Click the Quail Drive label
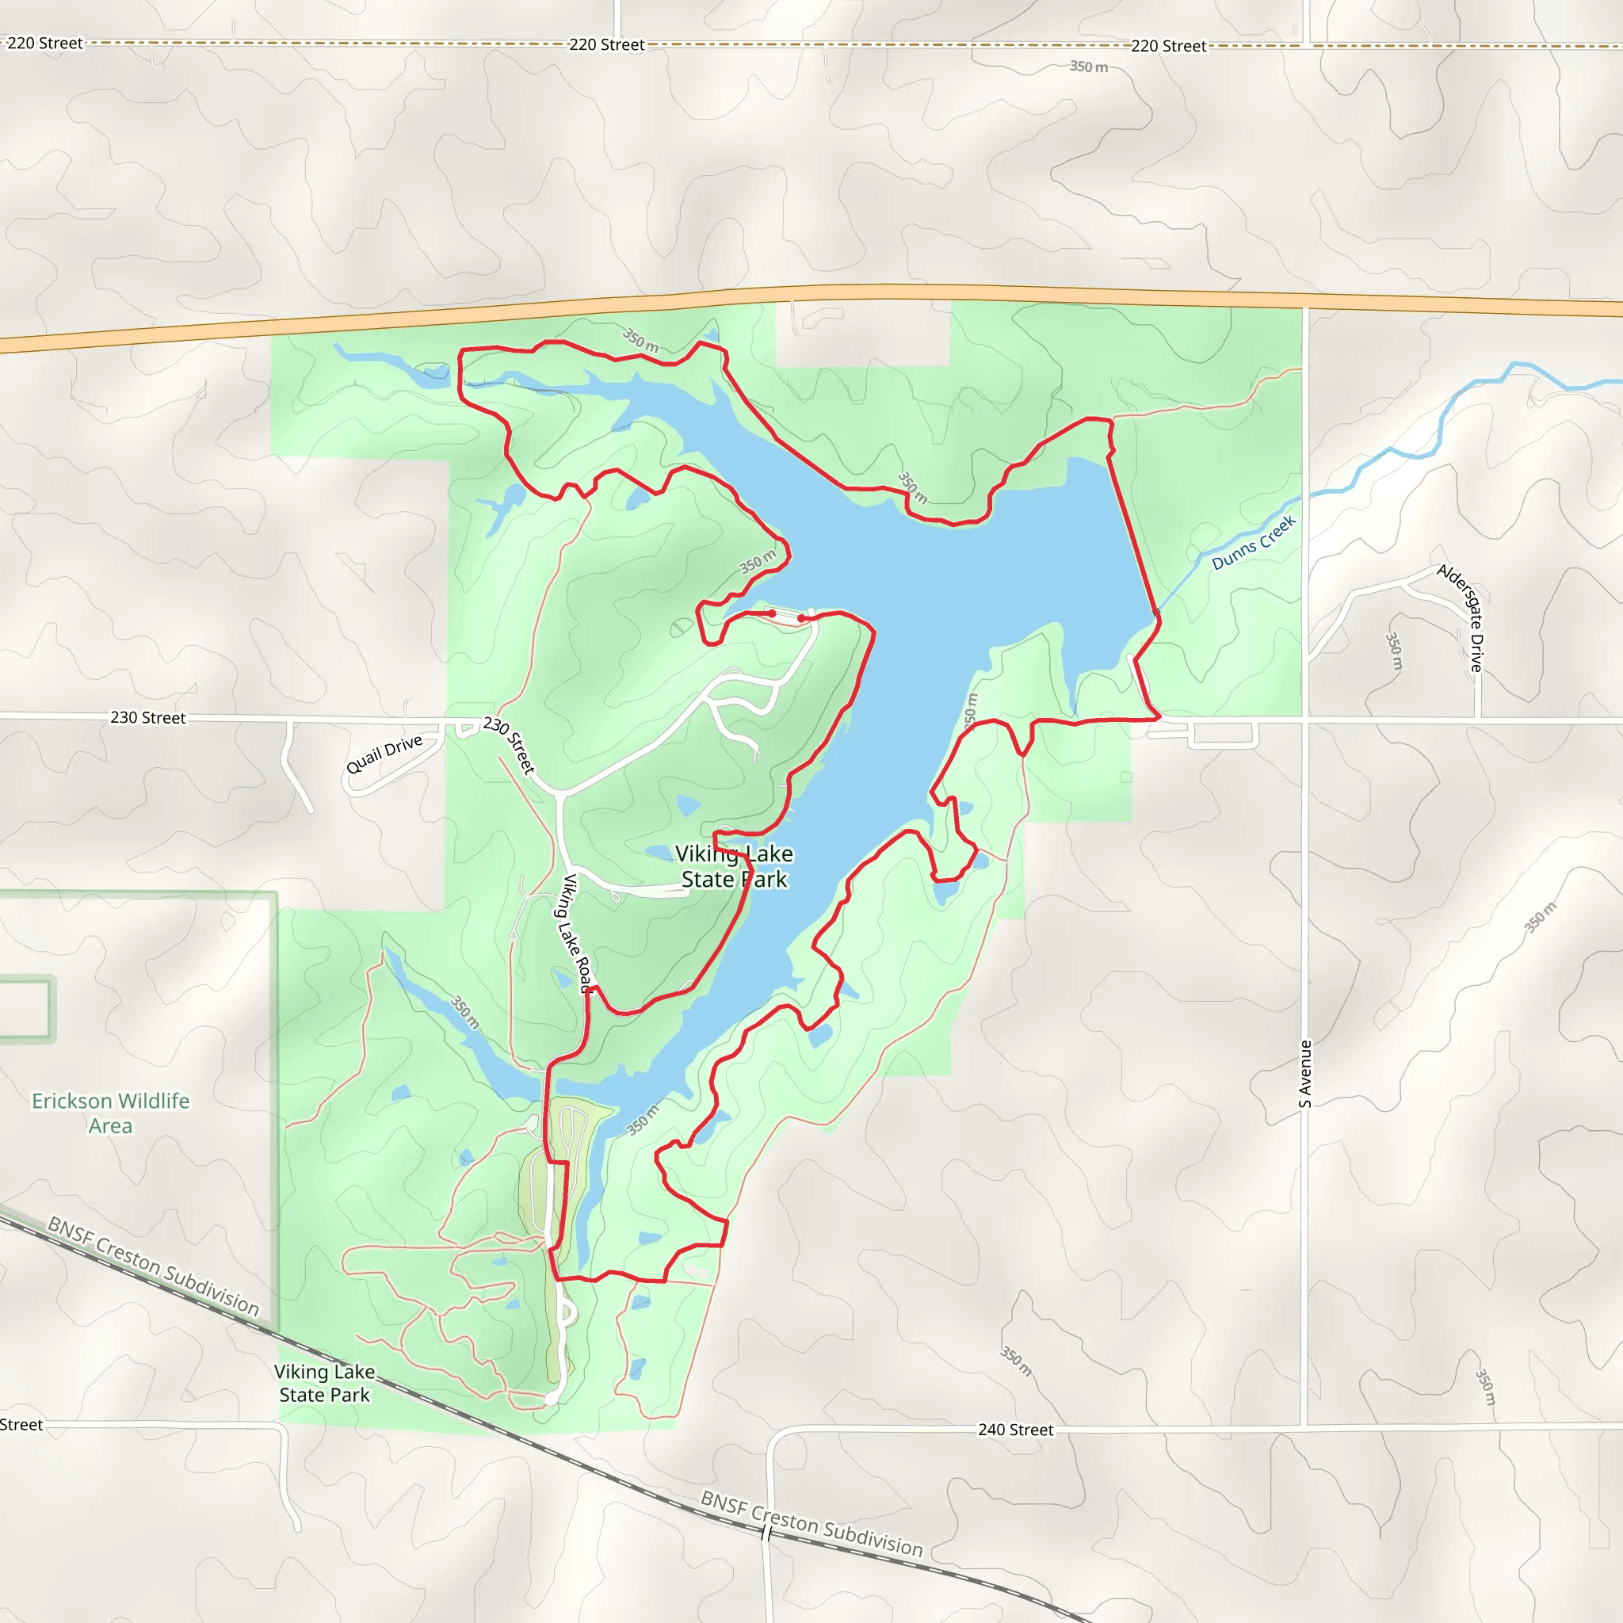click(384, 754)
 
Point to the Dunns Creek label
click(1254, 543)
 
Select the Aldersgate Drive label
click(1461, 617)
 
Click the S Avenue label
click(1305, 1074)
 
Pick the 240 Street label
click(1015, 1430)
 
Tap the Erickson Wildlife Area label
click(110, 1113)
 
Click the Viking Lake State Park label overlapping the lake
click(734, 866)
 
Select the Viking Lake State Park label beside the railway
click(324, 1383)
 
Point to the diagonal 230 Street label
click(509, 744)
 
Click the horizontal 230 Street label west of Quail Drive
click(148, 717)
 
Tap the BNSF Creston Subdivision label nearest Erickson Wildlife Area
click(153, 1266)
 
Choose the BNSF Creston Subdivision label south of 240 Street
click(811, 1524)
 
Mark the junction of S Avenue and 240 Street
click(1304, 1426)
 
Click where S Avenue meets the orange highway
click(1305, 302)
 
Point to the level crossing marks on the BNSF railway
click(766, 1534)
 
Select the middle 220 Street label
click(606, 44)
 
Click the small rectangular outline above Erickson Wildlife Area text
click(25, 1009)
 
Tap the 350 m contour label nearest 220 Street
click(1089, 67)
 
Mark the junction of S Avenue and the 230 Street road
click(1305, 720)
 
